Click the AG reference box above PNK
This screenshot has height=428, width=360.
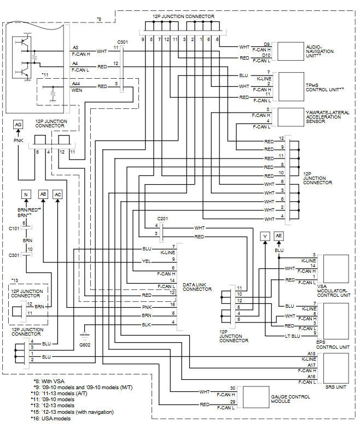pyautogui.click(x=18, y=125)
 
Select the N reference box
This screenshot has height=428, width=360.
pyautogui.click(x=25, y=195)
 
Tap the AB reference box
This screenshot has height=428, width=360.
pyautogui.click(x=43, y=195)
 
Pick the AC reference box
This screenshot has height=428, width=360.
pyautogui.click(x=58, y=195)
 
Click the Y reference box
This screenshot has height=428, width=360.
pyautogui.click(x=265, y=236)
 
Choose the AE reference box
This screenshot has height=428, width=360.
pyautogui.click(x=279, y=236)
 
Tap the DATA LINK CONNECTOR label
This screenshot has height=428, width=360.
pyautogui.click(x=197, y=286)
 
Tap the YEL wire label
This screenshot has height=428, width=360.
pyautogui.click(x=146, y=261)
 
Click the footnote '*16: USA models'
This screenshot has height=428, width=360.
pyautogui.click(x=55, y=418)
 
